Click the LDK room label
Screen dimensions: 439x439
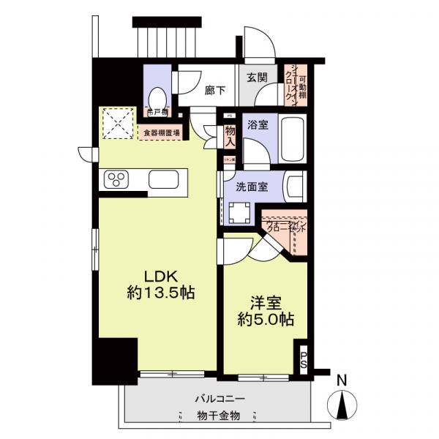pyautogui.click(x=159, y=277)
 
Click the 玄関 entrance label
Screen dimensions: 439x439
pyautogui.click(x=255, y=78)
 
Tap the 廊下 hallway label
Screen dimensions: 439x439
pyautogui.click(x=214, y=90)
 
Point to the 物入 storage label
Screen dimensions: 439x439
pyautogui.click(x=230, y=135)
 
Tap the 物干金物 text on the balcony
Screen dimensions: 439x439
pyautogui.click(x=217, y=416)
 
